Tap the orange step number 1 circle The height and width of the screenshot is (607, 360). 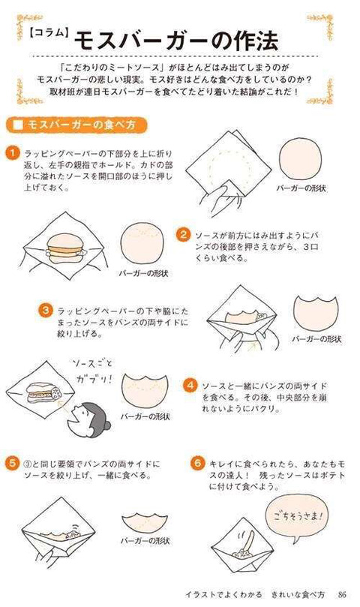pyautogui.click(x=12, y=152)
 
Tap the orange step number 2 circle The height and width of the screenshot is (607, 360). pyautogui.click(x=182, y=235)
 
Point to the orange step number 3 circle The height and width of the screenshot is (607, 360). pyautogui.click(x=46, y=309)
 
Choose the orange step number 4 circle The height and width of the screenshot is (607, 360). pyautogui.click(x=190, y=385)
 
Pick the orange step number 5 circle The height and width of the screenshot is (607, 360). pyautogui.click(x=12, y=463)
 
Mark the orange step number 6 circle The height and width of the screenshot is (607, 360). pyautogui.click(x=197, y=463)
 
